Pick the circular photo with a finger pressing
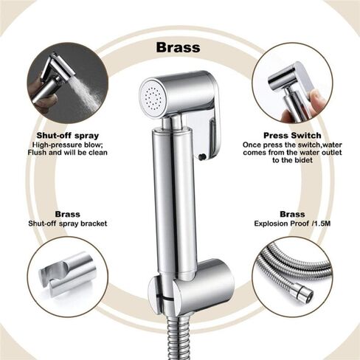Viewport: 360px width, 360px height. pyautogui.click(x=291, y=81)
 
